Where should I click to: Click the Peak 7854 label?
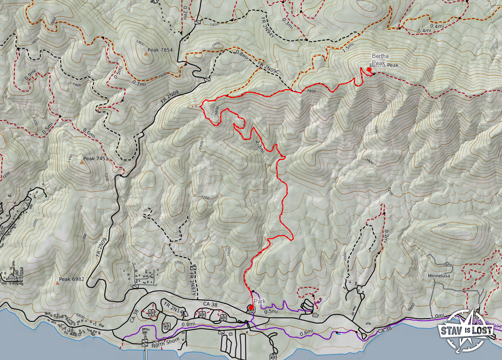(x=161, y=50)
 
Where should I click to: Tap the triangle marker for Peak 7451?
(x=82, y=162)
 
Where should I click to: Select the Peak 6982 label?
(x=71, y=280)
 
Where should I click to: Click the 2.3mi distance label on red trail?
(x=260, y=146)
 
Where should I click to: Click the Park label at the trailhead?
(x=260, y=302)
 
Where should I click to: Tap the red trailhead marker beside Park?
(x=251, y=308)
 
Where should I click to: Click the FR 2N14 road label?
(x=173, y=308)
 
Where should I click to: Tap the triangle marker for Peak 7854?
(x=145, y=54)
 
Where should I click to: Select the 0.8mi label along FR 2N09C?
(x=242, y=55)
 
